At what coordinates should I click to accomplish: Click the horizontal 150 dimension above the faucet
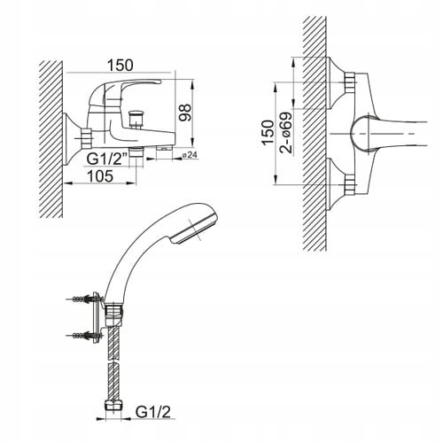(x=120, y=66)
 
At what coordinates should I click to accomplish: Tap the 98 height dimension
(x=185, y=113)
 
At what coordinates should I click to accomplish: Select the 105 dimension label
(x=100, y=176)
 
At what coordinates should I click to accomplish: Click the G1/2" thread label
(x=107, y=159)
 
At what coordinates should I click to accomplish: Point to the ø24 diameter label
(x=190, y=155)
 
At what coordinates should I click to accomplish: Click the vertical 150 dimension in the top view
(x=268, y=132)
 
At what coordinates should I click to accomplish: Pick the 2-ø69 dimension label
(x=286, y=132)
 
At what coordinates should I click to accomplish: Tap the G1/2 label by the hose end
(x=153, y=412)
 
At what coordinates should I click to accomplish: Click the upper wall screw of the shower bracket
(x=84, y=299)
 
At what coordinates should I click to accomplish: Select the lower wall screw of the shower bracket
(x=84, y=336)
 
